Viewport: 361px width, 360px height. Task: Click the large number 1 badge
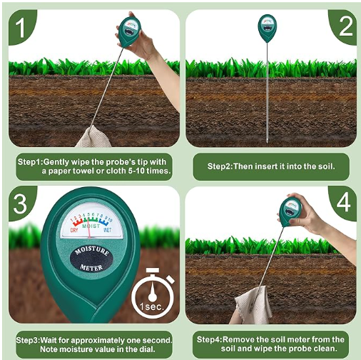pos(21,27)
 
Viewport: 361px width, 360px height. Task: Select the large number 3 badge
pos(21,204)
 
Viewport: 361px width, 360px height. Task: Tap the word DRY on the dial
pos(74,230)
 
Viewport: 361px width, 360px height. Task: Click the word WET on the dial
pos(108,230)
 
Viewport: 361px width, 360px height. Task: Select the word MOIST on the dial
pos(91,226)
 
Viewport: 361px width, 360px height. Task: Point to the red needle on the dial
pos(89,226)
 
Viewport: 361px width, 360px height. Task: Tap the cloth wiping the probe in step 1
pos(93,137)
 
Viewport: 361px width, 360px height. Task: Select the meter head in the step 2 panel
pos(268,27)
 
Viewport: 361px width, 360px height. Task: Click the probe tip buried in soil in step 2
pos(267,140)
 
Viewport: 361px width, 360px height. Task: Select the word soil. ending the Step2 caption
pos(327,166)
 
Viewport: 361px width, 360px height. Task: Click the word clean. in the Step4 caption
pos(325,349)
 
